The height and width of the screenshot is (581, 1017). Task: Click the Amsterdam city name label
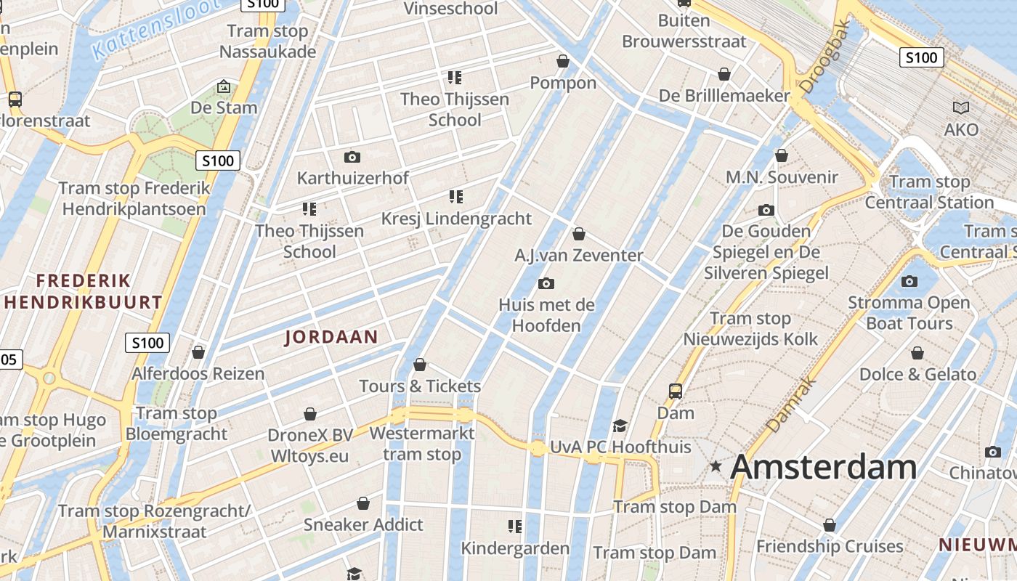[823, 467]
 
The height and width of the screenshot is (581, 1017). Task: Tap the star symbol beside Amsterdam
[716, 466]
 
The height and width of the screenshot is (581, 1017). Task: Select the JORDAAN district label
[331, 337]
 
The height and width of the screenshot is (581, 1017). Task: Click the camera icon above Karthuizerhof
[352, 157]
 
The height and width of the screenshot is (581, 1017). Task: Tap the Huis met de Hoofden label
[546, 315]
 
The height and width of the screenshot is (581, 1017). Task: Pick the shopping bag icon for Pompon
[562, 61]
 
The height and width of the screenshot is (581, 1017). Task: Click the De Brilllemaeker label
[724, 96]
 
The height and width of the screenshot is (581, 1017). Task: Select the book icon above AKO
[961, 108]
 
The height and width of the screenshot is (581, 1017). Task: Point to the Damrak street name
[791, 404]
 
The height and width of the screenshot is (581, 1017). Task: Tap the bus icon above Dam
[676, 391]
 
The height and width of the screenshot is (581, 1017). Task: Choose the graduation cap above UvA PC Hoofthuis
[620, 426]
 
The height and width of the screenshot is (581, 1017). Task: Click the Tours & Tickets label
[420, 386]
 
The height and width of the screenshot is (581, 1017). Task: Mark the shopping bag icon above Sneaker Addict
[363, 503]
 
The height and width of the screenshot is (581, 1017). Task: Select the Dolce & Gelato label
[917, 375]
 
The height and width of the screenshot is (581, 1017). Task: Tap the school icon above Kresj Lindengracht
[455, 196]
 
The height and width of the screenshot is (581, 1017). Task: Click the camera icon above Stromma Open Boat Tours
[909, 281]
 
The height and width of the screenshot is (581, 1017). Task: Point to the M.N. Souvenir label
[782, 177]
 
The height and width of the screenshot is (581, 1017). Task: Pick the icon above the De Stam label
[224, 87]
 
